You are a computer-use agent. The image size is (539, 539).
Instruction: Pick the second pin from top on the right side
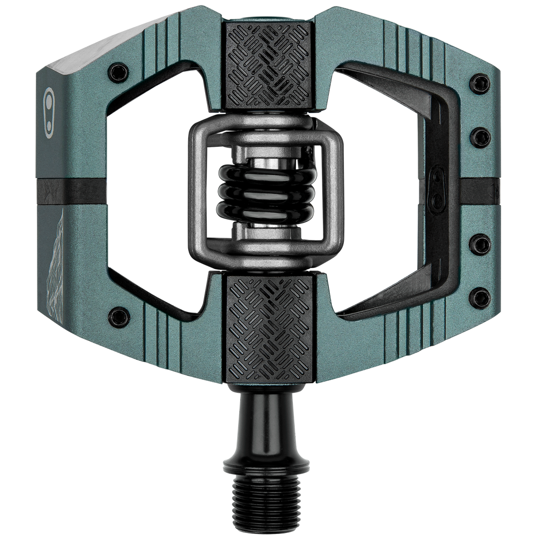click(x=479, y=134)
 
